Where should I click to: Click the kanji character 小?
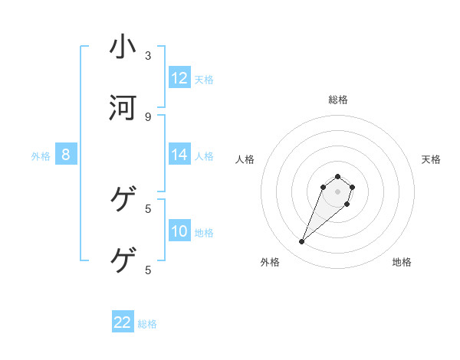tap(123, 47)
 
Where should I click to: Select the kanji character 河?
tap(123, 108)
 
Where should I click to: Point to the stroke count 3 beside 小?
tap(148, 55)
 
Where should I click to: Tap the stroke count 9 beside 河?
tap(148, 116)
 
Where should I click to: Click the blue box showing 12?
tap(179, 77)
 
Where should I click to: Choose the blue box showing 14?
tap(179, 154)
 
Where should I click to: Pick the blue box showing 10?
tap(179, 231)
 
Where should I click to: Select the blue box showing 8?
tap(66, 155)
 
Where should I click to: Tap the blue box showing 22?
tap(123, 322)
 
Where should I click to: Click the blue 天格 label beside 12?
tap(204, 79)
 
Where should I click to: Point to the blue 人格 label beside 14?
tap(204, 155)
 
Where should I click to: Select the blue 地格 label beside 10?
tap(204, 232)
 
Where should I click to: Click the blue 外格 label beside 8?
tap(41, 156)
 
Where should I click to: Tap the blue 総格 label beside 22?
tap(147, 324)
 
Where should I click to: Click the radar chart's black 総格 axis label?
tap(338, 100)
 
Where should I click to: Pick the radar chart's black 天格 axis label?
tap(431, 159)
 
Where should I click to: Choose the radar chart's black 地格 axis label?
tap(402, 262)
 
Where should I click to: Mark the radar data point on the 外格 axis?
tap(302, 242)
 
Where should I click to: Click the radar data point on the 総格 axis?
tap(338, 174)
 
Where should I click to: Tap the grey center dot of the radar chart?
tap(338, 191)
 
